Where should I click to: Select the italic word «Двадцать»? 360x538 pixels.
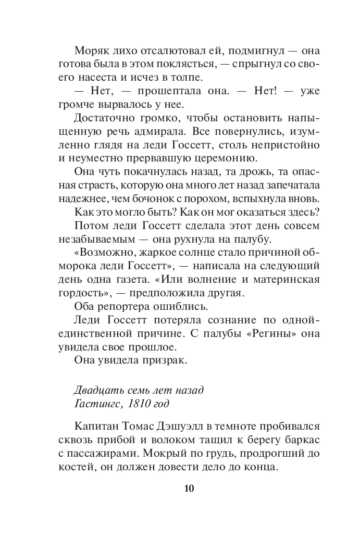[98, 390]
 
